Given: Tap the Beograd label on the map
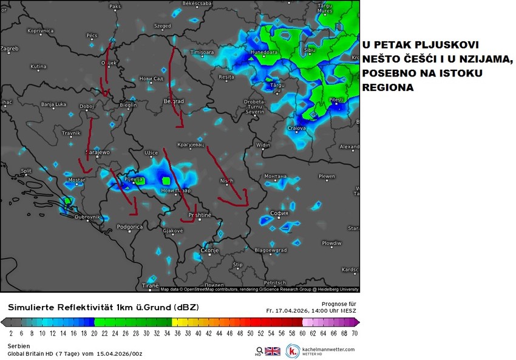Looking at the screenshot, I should (174, 101).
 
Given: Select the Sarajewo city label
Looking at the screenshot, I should (97, 152).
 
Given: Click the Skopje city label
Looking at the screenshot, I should (209, 250).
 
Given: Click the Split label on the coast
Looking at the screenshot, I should (25, 171).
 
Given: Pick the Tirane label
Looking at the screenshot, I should (150, 285).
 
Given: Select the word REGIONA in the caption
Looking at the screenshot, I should (388, 87).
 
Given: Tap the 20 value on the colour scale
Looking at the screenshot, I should (93, 333).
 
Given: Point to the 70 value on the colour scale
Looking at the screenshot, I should (354, 333).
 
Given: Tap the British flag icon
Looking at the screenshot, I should (273, 351).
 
